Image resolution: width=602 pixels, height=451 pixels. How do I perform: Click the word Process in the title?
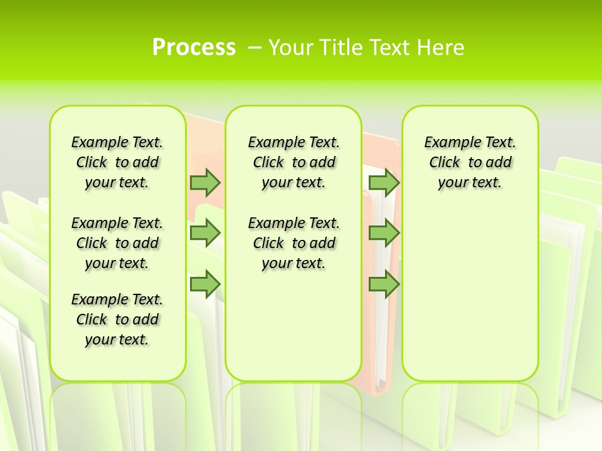click(194, 47)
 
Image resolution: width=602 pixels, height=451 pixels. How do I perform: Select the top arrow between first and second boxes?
click(205, 182)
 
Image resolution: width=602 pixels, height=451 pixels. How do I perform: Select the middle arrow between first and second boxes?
click(205, 233)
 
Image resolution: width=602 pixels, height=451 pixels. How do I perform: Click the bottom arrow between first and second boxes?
click(205, 284)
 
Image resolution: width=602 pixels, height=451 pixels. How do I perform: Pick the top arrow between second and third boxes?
click(384, 182)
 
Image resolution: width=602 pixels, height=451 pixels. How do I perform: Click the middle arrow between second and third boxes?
click(384, 233)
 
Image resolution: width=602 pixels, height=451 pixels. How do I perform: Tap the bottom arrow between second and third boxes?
click(384, 284)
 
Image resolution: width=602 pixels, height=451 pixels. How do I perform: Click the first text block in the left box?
click(117, 162)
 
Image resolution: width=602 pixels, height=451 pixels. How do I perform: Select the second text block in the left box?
click(117, 243)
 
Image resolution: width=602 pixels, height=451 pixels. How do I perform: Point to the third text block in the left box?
click(117, 319)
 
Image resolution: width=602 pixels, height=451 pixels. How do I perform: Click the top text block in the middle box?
click(293, 162)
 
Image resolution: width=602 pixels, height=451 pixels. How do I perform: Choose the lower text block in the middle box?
click(293, 243)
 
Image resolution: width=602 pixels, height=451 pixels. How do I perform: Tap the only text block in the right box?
click(470, 162)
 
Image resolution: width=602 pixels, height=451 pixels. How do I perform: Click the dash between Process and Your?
click(255, 48)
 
